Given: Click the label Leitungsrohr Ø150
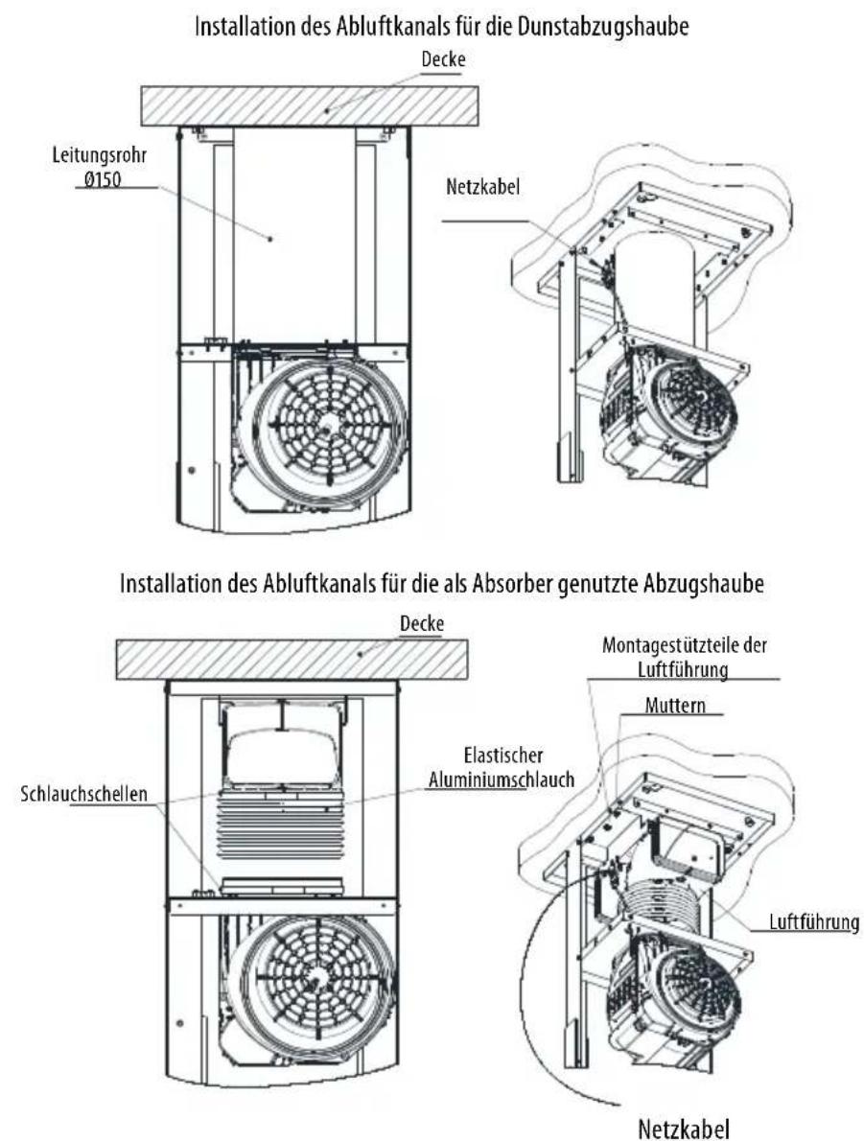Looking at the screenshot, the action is click(99, 168).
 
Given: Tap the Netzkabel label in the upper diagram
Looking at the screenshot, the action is click(482, 187).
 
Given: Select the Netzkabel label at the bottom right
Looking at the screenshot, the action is click(683, 1129).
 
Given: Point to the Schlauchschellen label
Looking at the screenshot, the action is click(83, 793).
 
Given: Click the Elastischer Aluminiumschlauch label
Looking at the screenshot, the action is click(502, 768).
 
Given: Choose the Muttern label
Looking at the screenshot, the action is click(675, 705).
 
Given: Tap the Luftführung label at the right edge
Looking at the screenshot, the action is click(814, 922).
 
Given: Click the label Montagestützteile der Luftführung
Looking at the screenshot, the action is click(685, 657).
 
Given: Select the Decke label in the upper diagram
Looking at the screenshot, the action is click(443, 59).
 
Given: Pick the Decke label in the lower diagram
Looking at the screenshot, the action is click(421, 623).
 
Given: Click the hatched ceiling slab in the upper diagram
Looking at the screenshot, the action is click(310, 105).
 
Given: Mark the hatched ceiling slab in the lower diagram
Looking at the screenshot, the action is click(292, 660).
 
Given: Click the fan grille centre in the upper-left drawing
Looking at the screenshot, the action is click(326, 430).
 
